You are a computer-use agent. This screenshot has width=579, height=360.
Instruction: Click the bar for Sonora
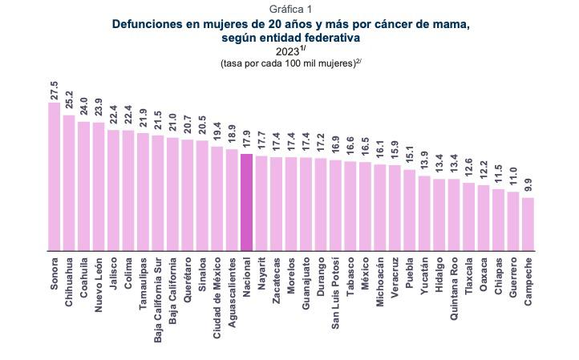click(55, 176)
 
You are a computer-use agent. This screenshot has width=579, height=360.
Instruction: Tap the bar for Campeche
click(528, 224)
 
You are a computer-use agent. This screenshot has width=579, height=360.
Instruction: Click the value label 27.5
click(55, 89)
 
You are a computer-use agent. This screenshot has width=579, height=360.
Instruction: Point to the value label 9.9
click(528, 184)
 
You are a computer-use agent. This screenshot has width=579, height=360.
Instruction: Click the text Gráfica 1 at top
click(289, 9)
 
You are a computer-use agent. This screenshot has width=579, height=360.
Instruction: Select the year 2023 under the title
click(286, 52)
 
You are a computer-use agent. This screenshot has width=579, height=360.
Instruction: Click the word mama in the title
click(451, 24)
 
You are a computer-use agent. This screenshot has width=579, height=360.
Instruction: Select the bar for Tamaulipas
click(143, 192)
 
